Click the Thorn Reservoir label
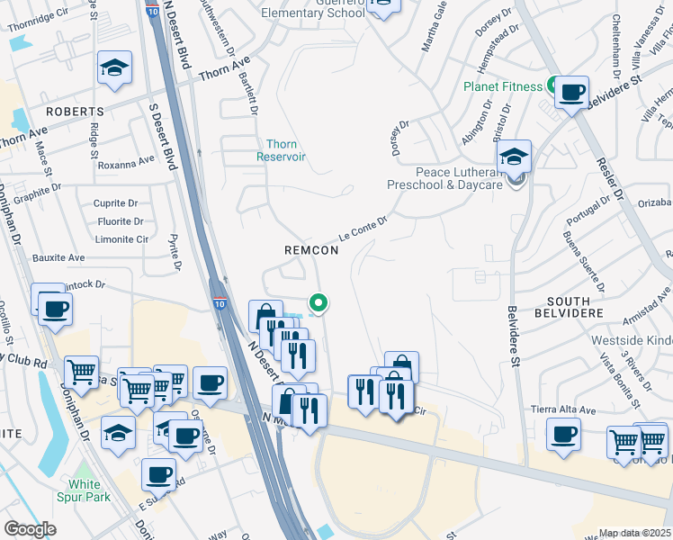[x=286, y=150]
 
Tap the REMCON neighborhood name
[x=311, y=250]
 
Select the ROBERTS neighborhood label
[x=76, y=112]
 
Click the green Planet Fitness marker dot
[x=550, y=86]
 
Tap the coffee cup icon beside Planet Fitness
[x=571, y=92]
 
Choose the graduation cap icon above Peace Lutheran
[x=514, y=157]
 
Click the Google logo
[x=31, y=529]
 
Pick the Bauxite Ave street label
[x=58, y=258]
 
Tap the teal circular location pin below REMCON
[x=318, y=304]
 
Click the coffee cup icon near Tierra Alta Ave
[x=564, y=434]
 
